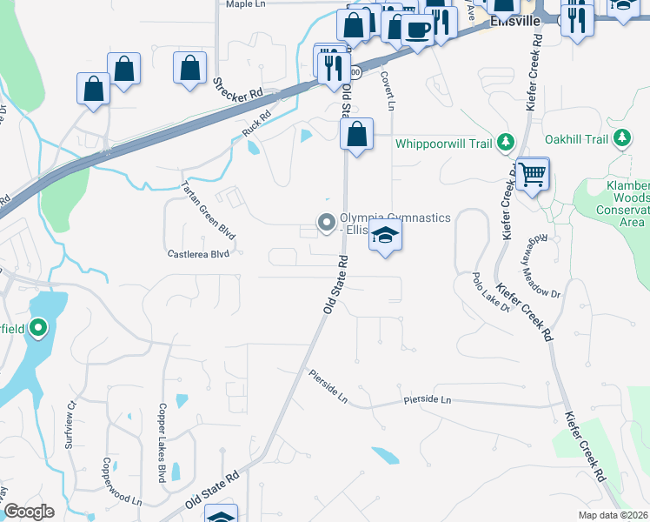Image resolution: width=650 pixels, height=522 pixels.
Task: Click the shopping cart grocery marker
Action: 532,173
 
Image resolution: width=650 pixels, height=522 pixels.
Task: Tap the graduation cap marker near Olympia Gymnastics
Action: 386,236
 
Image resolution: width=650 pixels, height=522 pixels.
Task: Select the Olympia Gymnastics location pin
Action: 327,224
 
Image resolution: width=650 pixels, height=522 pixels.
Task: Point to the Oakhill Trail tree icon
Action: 621,138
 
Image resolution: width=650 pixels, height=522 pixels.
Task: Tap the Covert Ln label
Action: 387,90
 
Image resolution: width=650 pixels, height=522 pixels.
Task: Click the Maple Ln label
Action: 244,4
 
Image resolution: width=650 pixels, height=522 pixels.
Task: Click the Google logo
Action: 29,512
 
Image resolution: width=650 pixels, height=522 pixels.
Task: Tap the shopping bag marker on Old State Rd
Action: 356,135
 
